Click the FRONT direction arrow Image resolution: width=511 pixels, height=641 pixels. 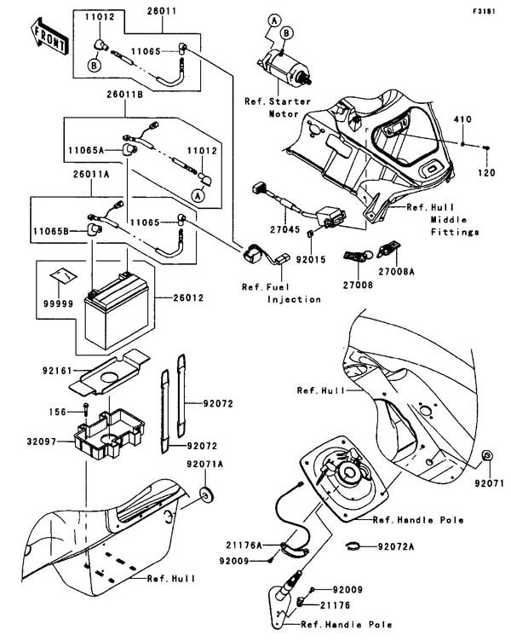pos(49,35)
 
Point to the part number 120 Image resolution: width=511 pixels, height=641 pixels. pos(487,171)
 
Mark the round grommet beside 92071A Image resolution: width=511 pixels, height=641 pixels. pos(206,495)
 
